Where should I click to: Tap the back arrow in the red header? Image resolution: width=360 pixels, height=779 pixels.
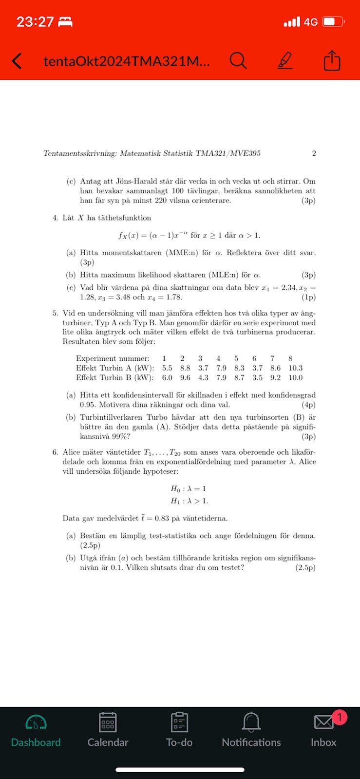pyautogui.click(x=17, y=61)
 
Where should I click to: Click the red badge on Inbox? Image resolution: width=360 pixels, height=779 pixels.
pyautogui.click(x=339, y=717)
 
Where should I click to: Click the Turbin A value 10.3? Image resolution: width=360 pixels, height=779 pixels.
pyautogui.click(x=295, y=368)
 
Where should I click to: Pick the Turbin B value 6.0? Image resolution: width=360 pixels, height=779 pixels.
pyautogui.click(x=167, y=378)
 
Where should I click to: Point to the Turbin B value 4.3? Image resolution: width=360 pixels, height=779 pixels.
pyautogui.click(x=203, y=378)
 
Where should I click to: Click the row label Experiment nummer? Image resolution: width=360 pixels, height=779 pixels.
pyautogui.click(x=113, y=358)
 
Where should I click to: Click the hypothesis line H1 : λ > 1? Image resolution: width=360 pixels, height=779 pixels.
pyautogui.click(x=189, y=501)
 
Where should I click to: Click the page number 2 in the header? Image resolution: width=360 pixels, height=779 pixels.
pyautogui.click(x=314, y=153)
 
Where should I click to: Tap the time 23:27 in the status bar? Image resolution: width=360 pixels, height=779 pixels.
pyautogui.click(x=35, y=22)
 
